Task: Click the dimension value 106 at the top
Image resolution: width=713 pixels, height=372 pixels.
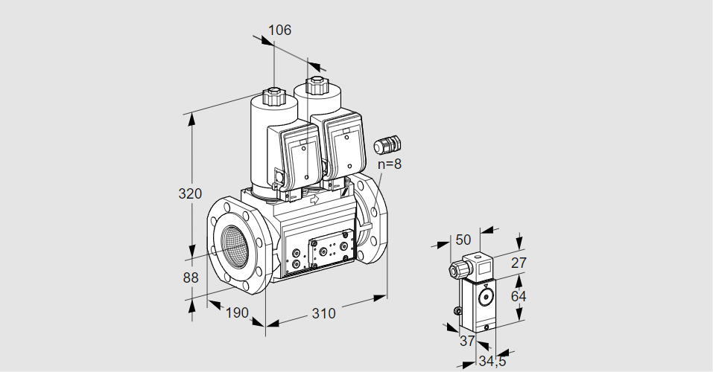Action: [279, 31]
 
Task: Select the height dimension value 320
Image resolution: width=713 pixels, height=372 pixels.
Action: [191, 194]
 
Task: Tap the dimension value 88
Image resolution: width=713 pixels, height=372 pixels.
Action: [191, 278]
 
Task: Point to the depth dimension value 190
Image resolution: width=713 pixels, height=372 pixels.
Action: [236, 312]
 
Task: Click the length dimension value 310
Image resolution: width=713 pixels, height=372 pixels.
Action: [323, 313]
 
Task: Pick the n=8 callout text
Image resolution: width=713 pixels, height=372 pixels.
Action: [389, 164]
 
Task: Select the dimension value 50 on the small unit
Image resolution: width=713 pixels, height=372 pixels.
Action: [463, 240]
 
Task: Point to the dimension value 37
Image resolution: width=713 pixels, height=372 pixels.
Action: [466, 341]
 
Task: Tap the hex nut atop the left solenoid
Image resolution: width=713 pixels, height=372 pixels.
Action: [273, 95]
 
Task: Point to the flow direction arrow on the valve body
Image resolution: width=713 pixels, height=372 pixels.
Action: [314, 199]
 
